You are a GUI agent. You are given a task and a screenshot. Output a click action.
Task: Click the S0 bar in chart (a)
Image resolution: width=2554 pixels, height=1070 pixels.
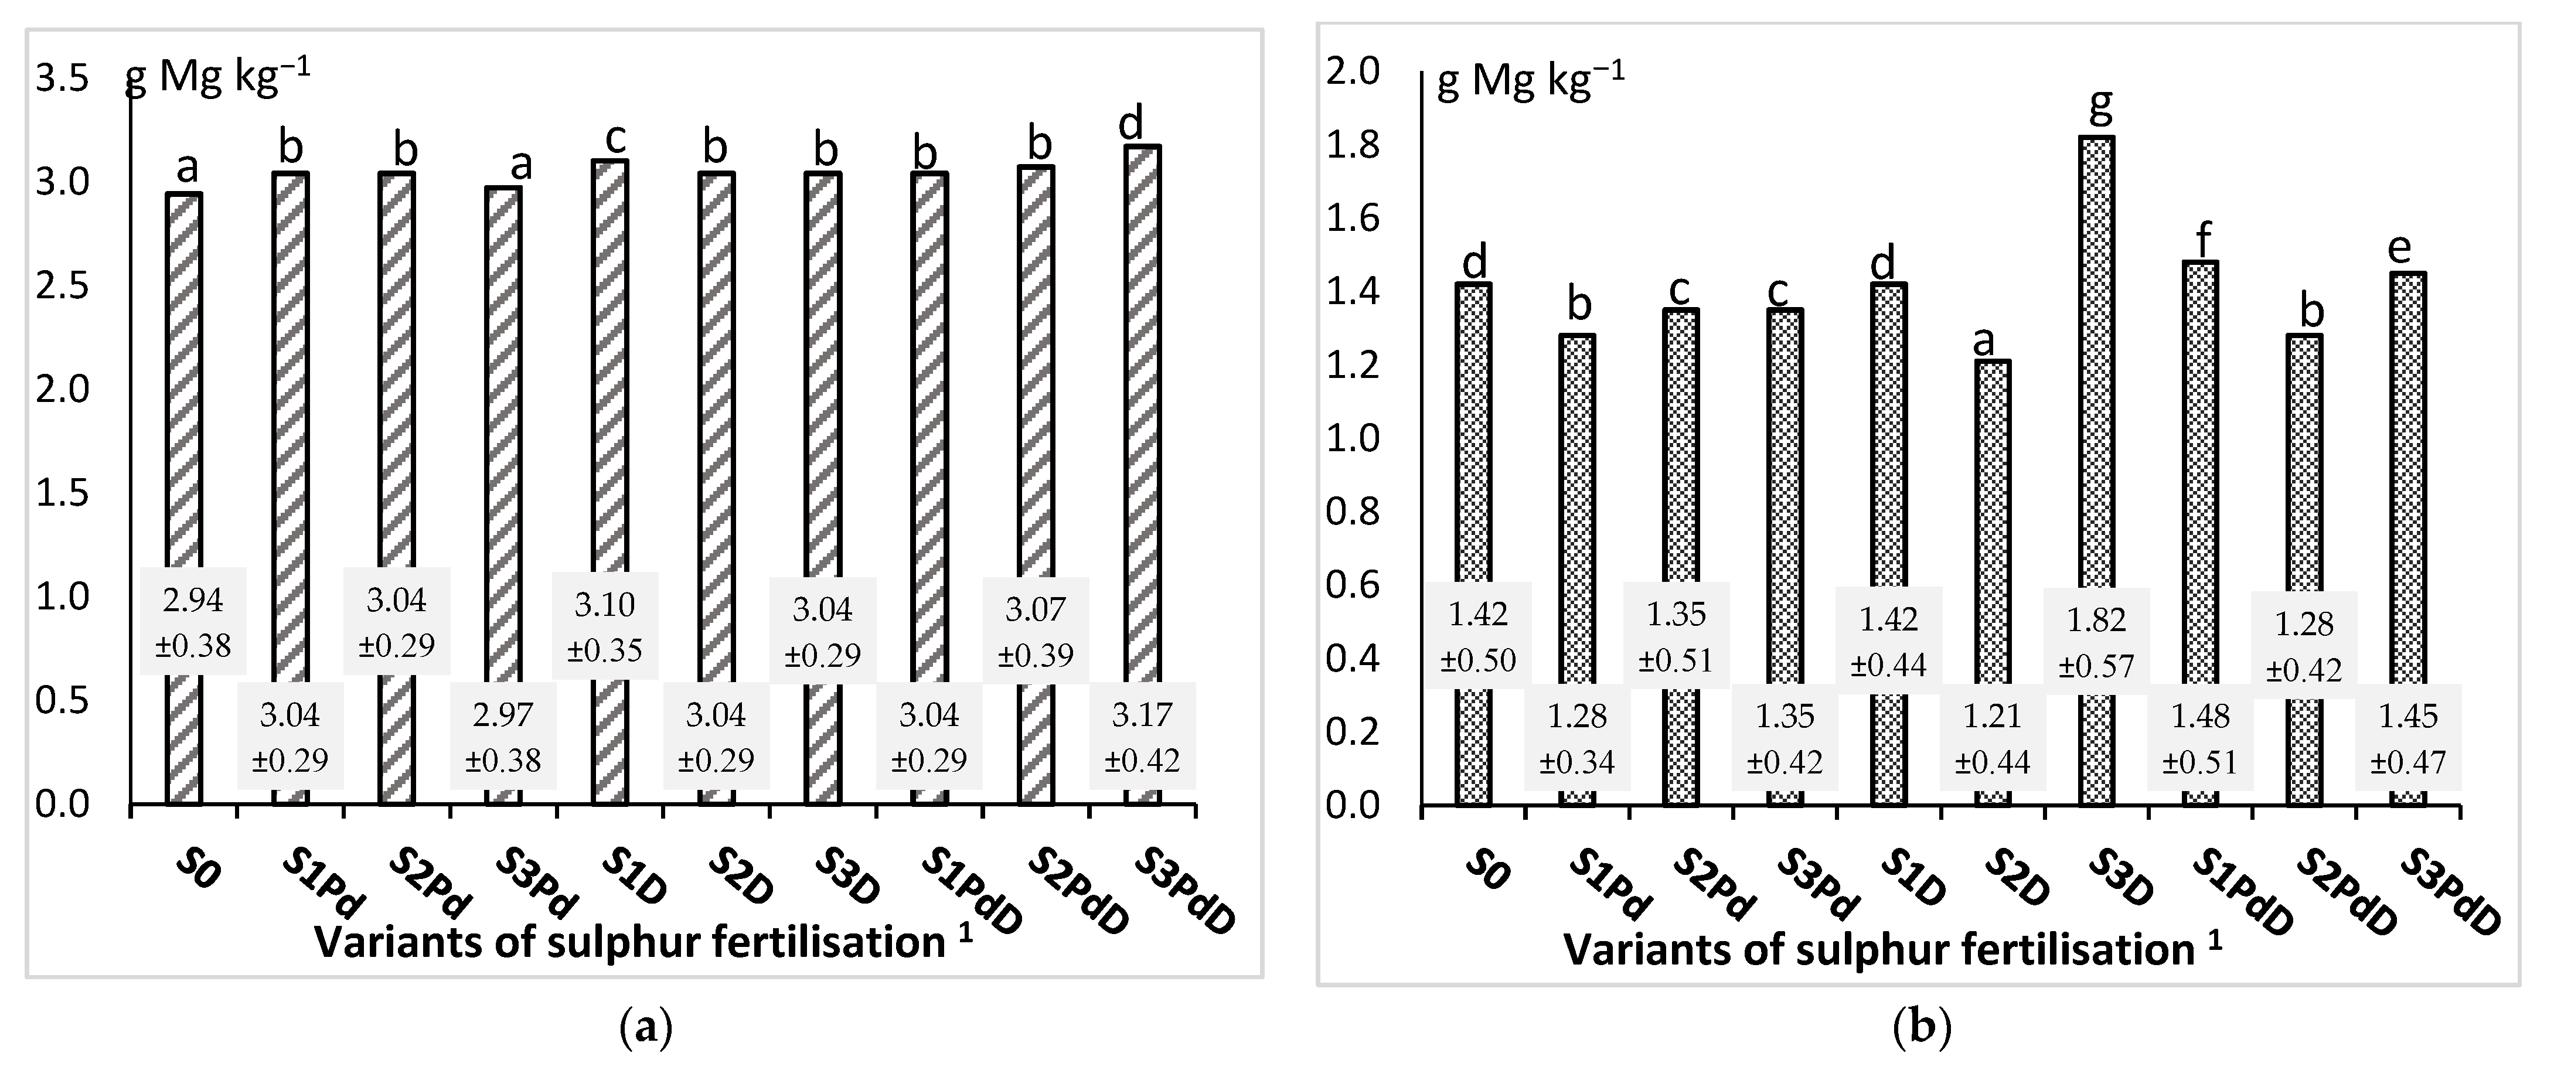tap(185, 397)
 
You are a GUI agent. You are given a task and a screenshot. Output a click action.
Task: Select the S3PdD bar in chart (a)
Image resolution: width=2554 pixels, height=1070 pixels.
tap(1142, 397)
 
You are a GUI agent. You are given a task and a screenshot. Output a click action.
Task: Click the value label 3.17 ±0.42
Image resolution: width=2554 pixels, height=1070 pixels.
tap(1142, 737)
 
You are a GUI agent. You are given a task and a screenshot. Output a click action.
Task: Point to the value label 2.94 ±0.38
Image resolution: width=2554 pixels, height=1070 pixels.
tap(192, 622)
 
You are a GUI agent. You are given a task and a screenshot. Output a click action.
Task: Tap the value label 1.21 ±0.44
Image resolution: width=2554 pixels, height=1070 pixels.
tap(1993, 738)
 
